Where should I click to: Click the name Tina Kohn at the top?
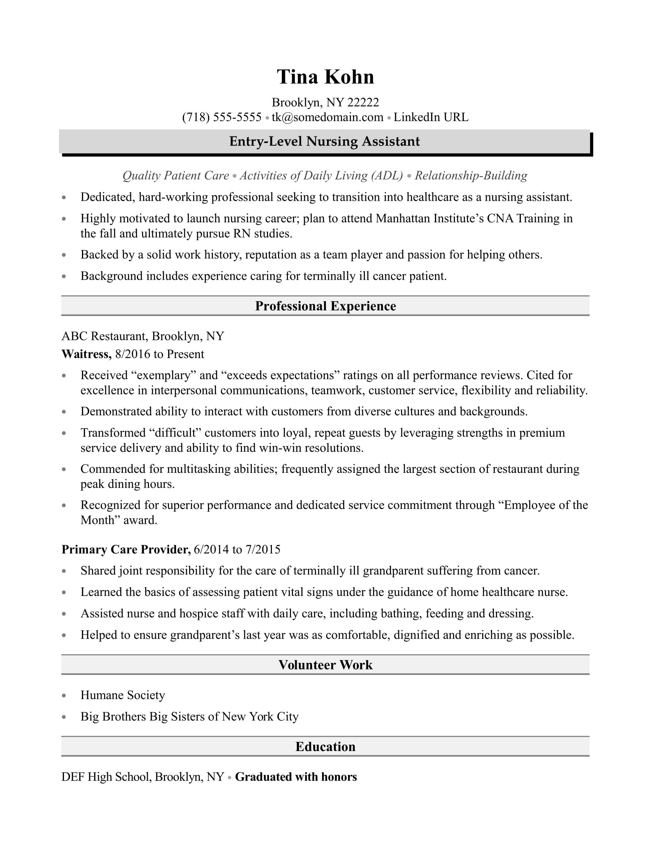click(x=325, y=77)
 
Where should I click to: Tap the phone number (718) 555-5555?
click(x=222, y=117)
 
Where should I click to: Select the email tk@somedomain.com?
click(x=327, y=117)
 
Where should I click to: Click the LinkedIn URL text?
click(x=431, y=117)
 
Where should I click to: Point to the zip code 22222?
click(x=363, y=102)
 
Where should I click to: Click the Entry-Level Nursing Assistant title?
click(x=324, y=142)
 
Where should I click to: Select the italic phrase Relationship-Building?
click(x=471, y=175)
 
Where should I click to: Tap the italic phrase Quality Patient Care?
click(x=176, y=175)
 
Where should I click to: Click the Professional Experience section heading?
click(x=325, y=306)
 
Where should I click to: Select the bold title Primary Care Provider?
click(x=126, y=549)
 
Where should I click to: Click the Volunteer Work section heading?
click(x=325, y=665)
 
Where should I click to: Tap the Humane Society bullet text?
click(x=123, y=695)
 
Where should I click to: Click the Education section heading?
click(x=325, y=746)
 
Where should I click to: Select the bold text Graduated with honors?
click(x=296, y=777)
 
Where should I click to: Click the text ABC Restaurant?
click(x=103, y=336)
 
